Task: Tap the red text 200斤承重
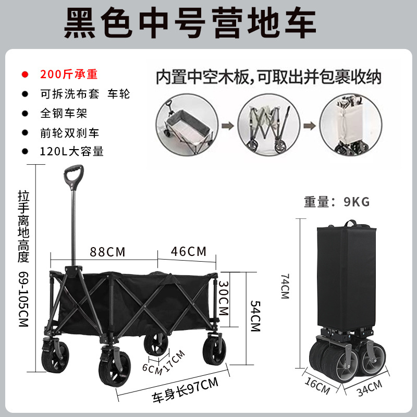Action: click(69, 74)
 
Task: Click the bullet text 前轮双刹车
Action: click(69, 132)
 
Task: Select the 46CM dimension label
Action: click(189, 251)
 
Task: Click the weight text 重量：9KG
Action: click(337, 202)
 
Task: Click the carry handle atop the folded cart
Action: click(355, 224)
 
